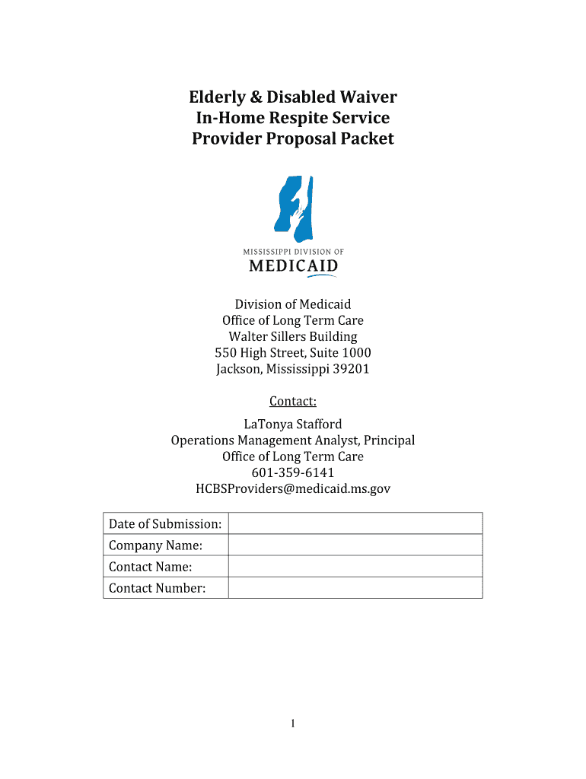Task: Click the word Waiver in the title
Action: click(x=363, y=97)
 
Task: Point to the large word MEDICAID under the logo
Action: click(x=293, y=265)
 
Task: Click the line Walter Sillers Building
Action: click(x=293, y=336)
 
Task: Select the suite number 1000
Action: click(x=356, y=353)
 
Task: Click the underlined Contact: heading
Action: click(x=293, y=401)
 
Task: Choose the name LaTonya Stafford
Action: click(x=293, y=424)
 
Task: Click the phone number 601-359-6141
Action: click(x=293, y=472)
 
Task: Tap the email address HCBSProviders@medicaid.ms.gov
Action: click(x=293, y=489)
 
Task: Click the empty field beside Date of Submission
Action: click(x=355, y=523)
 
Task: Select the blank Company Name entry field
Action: click(x=355, y=545)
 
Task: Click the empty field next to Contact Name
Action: click(x=355, y=566)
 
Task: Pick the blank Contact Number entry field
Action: click(x=355, y=587)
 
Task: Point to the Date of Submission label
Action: click(x=165, y=523)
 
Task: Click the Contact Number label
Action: click(x=158, y=587)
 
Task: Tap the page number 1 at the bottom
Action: click(x=293, y=724)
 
